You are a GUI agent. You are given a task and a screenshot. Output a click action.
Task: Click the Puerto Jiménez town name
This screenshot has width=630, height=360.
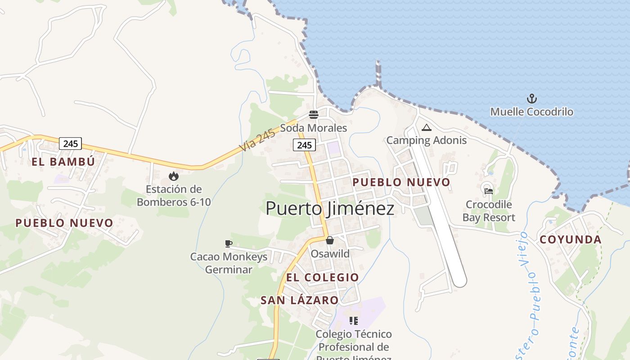tap(330, 208)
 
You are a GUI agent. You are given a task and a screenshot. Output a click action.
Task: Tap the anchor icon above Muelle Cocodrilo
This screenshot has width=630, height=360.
tap(532, 99)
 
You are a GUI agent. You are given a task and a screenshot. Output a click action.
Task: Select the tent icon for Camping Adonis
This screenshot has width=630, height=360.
tap(427, 127)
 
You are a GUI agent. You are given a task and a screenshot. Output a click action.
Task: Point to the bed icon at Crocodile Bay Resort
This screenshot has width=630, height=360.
tap(488, 191)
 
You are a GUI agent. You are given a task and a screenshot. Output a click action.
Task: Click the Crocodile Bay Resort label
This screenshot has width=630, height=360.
tap(489, 211)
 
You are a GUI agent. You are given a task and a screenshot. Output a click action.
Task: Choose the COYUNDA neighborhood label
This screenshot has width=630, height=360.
tap(570, 239)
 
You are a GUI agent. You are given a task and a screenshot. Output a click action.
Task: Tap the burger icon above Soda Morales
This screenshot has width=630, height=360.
tap(314, 115)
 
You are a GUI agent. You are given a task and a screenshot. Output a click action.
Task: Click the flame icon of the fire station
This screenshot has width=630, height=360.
tap(173, 176)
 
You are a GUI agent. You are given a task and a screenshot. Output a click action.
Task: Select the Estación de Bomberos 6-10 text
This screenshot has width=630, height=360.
tap(174, 195)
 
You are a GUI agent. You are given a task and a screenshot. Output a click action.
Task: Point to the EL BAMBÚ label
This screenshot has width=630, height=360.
tap(63, 162)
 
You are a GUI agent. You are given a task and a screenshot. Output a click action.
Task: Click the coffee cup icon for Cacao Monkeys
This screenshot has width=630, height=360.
tap(229, 244)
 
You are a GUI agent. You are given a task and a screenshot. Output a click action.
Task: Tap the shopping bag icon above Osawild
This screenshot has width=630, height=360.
tap(330, 240)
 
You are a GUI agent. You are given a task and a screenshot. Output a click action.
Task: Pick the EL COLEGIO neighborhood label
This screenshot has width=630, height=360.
tap(322, 277)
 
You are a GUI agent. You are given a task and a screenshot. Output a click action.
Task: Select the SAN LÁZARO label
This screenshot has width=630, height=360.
tap(299, 300)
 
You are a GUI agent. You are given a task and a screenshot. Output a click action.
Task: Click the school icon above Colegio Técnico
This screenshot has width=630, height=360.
tap(353, 321)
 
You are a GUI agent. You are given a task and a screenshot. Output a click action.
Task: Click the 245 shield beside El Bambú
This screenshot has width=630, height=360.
tap(71, 144)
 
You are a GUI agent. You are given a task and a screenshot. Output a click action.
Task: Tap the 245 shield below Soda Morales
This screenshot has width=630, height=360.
tap(305, 145)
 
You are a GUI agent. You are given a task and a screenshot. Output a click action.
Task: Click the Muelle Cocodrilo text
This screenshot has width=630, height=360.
tap(531, 112)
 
